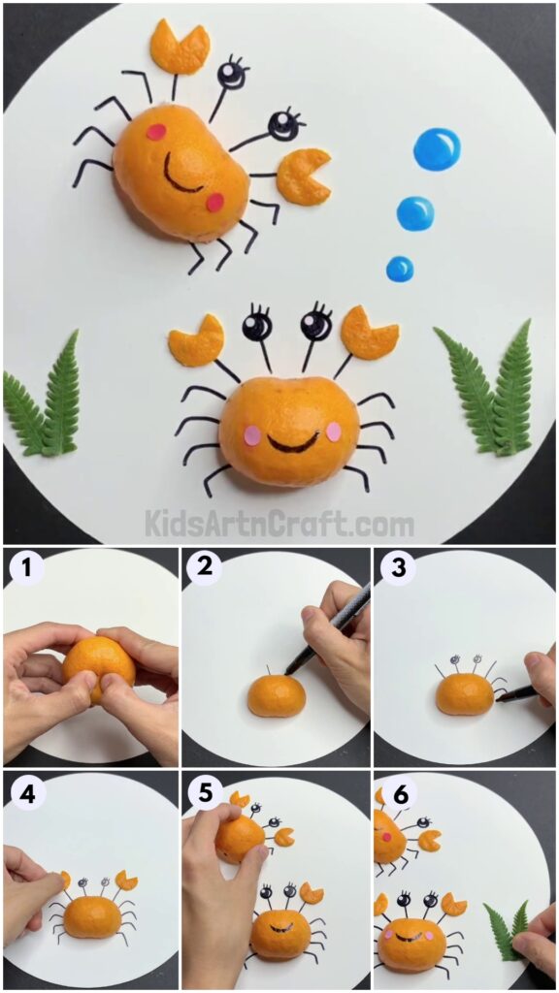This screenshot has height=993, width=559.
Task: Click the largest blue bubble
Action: (x=436, y=150)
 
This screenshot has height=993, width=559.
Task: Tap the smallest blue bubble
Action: (x=400, y=269)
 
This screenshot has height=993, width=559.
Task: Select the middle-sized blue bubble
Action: (x=415, y=212)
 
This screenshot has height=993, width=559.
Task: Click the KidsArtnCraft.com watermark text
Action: (x=279, y=525)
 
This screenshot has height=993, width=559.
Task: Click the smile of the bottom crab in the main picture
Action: (x=293, y=443)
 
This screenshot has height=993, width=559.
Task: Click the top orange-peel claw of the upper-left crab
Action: (x=180, y=47)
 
